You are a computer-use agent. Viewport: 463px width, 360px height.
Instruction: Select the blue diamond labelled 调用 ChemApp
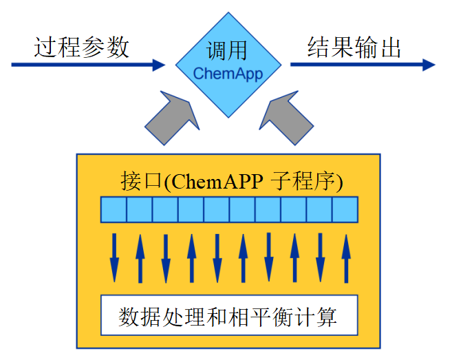(x=228, y=65)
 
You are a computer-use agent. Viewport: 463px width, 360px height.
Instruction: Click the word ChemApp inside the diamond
(x=228, y=74)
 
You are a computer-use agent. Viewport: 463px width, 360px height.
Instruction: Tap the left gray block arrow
(x=169, y=117)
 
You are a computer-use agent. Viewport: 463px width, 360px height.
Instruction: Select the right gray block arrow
(x=286, y=117)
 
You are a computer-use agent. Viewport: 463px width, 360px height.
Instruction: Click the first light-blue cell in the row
(x=114, y=209)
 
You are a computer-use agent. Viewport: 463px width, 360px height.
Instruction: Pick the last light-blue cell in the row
(x=345, y=209)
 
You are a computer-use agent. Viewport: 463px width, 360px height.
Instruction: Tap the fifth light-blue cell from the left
(x=217, y=209)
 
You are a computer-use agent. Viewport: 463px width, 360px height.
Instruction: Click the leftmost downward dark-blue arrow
(x=114, y=258)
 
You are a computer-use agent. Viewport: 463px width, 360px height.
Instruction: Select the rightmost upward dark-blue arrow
(x=346, y=258)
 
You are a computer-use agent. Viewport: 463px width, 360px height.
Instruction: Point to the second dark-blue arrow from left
(x=140, y=258)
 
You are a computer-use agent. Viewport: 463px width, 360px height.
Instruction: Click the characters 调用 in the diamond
(x=226, y=51)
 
